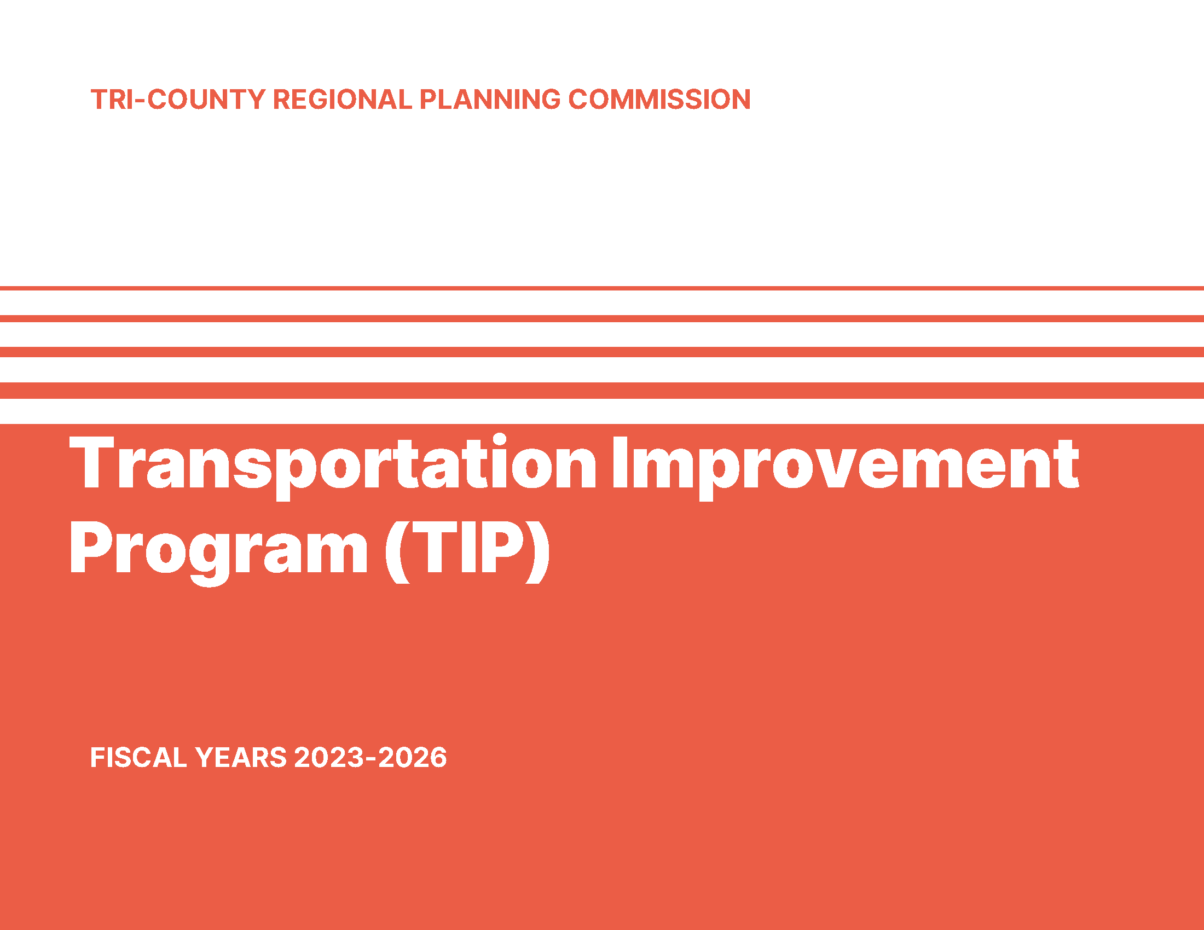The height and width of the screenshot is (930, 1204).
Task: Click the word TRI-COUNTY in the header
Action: [x=178, y=100]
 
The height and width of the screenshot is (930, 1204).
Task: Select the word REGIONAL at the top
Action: [x=343, y=100]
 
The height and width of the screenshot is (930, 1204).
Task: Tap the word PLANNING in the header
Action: [x=490, y=100]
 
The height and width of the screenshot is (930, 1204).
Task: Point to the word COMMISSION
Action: [x=659, y=100]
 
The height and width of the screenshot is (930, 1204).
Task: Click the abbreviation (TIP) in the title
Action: [x=467, y=551]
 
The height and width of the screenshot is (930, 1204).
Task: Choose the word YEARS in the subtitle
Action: [x=241, y=758]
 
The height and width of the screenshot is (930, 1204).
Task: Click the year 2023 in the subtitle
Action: [x=329, y=758]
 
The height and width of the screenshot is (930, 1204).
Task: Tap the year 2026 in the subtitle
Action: [x=412, y=758]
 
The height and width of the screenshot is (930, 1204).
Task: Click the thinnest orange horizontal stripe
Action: [x=602, y=288]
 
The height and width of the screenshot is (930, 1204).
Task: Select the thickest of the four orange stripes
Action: [x=602, y=391]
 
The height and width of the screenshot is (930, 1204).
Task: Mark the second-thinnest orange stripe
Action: [x=602, y=318]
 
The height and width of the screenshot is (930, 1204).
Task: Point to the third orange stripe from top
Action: [x=602, y=352]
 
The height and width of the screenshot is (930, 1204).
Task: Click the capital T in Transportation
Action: [x=91, y=462]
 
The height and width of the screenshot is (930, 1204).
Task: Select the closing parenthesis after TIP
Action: [x=537, y=551]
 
